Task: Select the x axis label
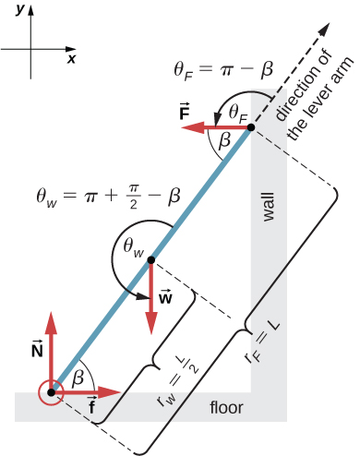(71, 57)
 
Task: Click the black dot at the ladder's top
(250, 129)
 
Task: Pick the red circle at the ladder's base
(50, 393)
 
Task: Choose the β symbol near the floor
(81, 375)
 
